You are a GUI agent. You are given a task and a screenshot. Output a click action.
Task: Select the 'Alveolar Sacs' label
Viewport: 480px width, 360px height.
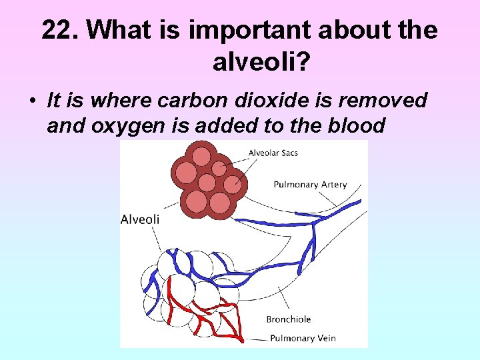click(273, 153)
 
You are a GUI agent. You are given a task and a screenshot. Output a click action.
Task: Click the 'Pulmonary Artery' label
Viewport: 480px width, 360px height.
click(310, 185)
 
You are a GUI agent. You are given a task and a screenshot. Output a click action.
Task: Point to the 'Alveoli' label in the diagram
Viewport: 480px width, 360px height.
click(139, 219)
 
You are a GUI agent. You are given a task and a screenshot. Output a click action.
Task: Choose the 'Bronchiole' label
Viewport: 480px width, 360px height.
click(289, 319)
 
